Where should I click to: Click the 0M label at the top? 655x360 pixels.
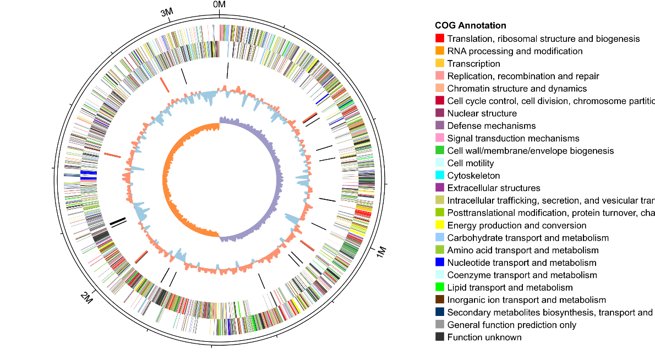[x=219, y=5]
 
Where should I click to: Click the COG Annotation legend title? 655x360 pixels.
[x=470, y=25]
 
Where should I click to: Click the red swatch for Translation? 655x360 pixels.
[x=440, y=39]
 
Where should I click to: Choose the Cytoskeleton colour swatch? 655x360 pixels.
[x=440, y=176]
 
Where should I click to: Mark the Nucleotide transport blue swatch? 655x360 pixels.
[x=440, y=263]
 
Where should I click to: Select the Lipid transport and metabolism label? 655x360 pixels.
[x=510, y=287]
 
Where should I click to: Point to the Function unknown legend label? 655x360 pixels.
[x=484, y=337]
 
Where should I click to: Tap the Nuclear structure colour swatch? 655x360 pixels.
[x=440, y=113]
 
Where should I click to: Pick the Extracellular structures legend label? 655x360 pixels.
[x=494, y=188]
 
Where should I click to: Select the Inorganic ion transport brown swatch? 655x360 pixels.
[x=440, y=300]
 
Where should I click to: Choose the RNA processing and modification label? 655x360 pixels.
[x=515, y=51]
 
